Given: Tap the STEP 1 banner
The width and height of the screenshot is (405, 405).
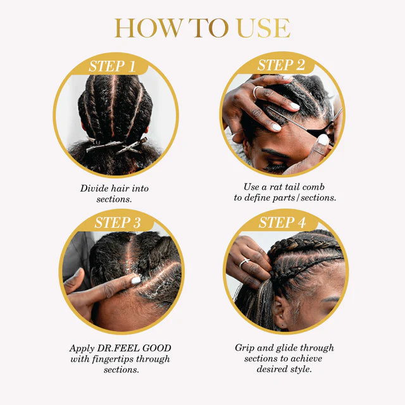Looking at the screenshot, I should tap(112, 66).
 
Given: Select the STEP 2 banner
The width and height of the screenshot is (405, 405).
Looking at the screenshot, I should tap(281, 65).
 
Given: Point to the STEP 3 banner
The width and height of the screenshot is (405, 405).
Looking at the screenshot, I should tap(118, 223).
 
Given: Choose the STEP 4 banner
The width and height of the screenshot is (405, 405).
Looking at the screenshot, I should tap(282, 223).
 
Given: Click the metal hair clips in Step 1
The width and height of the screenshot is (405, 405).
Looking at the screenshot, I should tap(118, 146).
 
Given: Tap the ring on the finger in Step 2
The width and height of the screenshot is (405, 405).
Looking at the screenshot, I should tap(257, 92).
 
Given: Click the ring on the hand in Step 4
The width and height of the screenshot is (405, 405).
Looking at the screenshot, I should tap(244, 262).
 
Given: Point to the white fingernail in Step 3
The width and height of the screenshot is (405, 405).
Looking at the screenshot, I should tap(135, 280).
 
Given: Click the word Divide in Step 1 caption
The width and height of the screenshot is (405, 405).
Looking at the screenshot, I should tap(95, 189).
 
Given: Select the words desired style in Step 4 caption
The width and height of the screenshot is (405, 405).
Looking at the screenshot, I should tap(284, 369).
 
